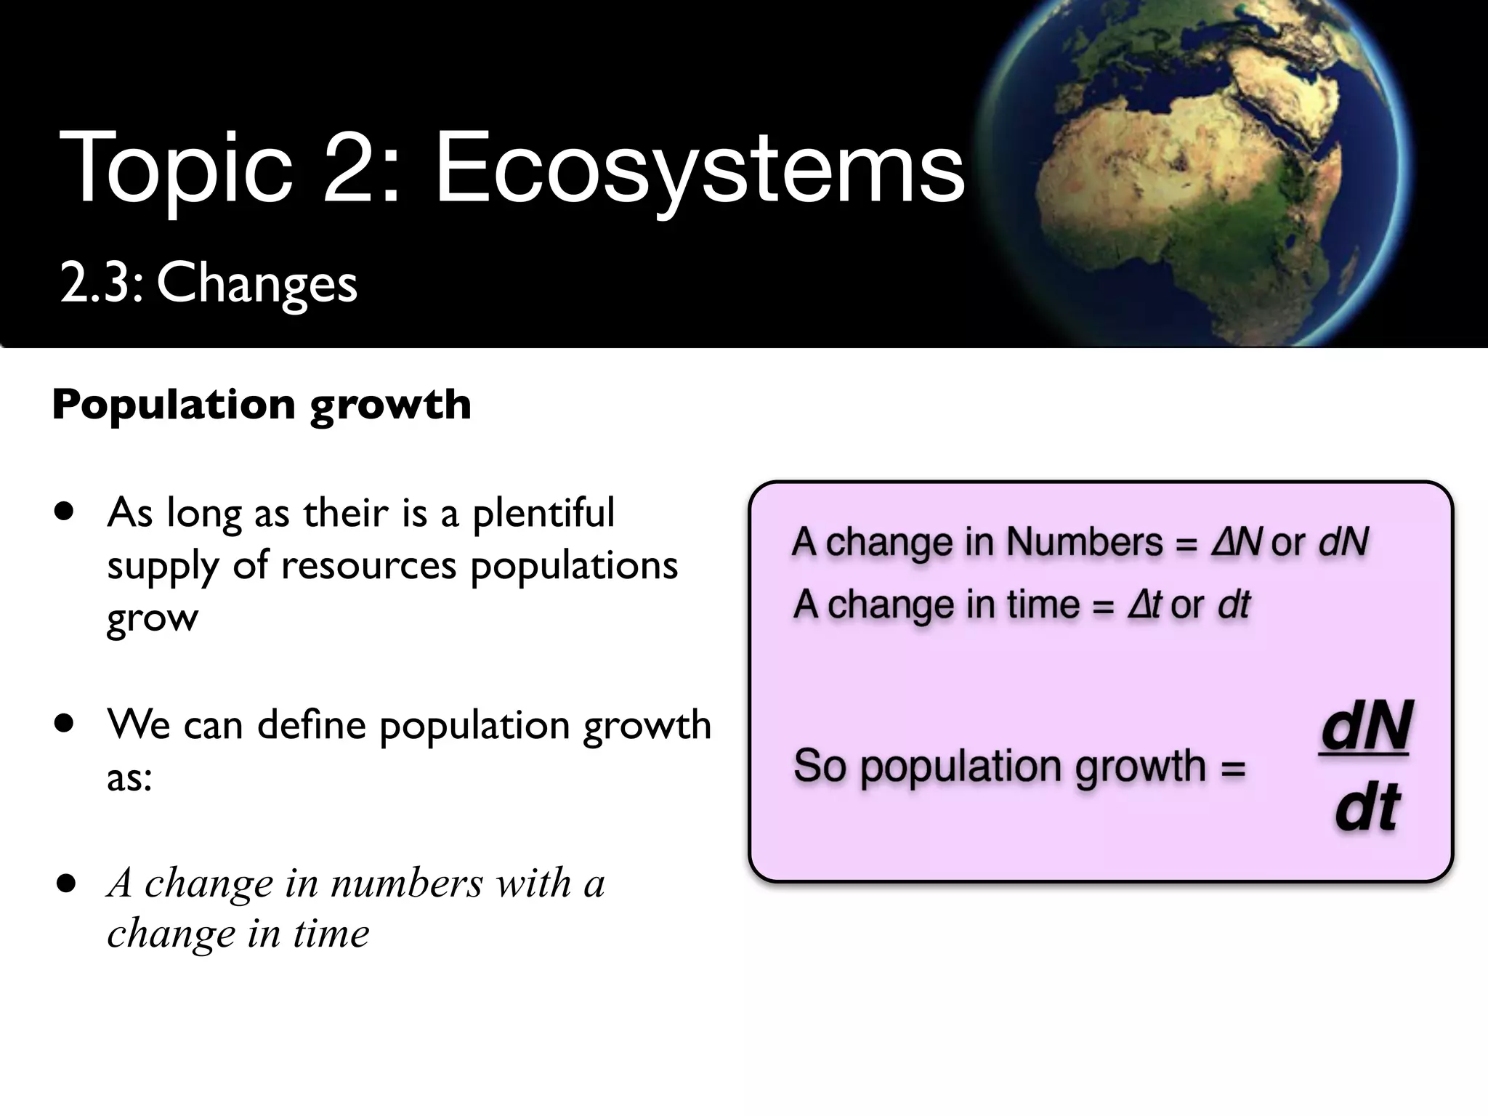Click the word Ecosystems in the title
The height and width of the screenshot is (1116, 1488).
click(x=699, y=169)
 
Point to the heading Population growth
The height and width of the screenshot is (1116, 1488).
click(x=262, y=404)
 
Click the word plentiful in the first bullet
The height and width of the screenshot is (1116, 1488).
click(x=543, y=513)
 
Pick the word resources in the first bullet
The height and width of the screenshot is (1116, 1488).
click(x=368, y=565)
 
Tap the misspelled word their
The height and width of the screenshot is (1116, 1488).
click(x=346, y=513)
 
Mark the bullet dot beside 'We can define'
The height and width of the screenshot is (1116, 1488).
click(x=65, y=724)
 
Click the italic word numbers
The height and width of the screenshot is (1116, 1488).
click(x=407, y=883)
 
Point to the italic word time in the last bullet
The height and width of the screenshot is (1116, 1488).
click(x=331, y=934)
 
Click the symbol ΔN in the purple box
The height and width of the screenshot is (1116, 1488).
click(x=1237, y=542)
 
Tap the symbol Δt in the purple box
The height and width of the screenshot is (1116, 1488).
click(x=1145, y=604)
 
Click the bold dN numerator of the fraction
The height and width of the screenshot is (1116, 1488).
click(x=1365, y=727)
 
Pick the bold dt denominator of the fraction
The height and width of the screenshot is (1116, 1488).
click(x=1367, y=808)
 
